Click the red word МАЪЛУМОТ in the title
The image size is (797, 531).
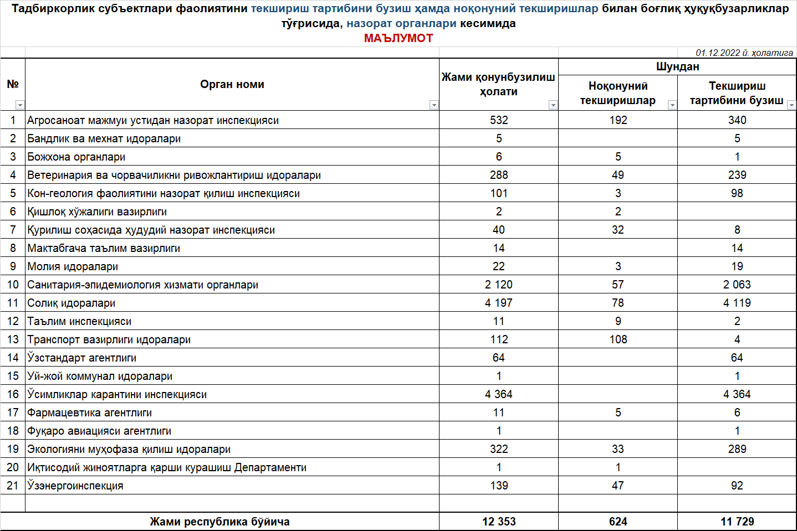pyautogui.click(x=398, y=38)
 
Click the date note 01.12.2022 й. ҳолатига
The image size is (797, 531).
pyautogui.click(x=744, y=53)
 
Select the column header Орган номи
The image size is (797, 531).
pyautogui.click(x=232, y=84)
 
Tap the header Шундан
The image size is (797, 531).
pyautogui.click(x=677, y=66)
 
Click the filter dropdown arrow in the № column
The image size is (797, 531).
pyautogui.click(x=20, y=105)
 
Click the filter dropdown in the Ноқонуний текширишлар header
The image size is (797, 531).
pyautogui.click(x=672, y=105)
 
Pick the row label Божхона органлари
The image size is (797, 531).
pyautogui.click(x=76, y=157)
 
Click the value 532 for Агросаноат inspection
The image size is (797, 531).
pyautogui.click(x=499, y=120)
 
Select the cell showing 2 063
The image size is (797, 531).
pyautogui.click(x=737, y=285)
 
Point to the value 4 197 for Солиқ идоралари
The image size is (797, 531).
pyautogui.click(x=499, y=303)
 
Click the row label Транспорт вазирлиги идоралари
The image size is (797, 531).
pyautogui.click(x=109, y=339)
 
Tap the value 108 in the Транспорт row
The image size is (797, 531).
pyautogui.click(x=618, y=339)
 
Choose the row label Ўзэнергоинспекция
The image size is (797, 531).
pyautogui.click(x=75, y=486)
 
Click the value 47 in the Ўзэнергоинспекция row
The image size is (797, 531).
pyautogui.click(x=618, y=486)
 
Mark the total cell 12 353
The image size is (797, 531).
pyautogui.click(x=499, y=522)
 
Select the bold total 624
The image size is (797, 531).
pyautogui.click(x=618, y=522)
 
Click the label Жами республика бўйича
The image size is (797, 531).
pyautogui.click(x=219, y=522)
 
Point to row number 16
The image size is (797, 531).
pyautogui.click(x=13, y=394)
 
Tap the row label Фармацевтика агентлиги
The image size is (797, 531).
pyautogui.click(x=89, y=413)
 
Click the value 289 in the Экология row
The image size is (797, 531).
pyautogui.click(x=737, y=449)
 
